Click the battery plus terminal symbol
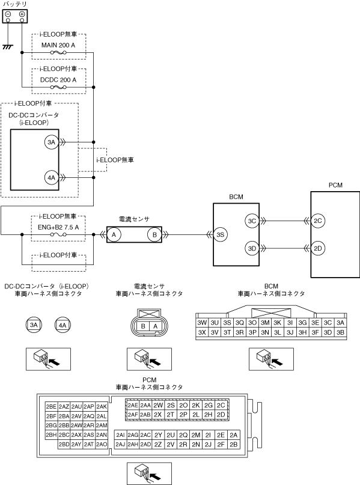22,14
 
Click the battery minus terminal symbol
8,14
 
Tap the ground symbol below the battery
8,47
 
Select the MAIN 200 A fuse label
58,45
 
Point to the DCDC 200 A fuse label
58,80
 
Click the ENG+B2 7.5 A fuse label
58,227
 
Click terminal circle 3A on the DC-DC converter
51,142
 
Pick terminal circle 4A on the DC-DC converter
51,177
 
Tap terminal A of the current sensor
114,235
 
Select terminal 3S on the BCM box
220,235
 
